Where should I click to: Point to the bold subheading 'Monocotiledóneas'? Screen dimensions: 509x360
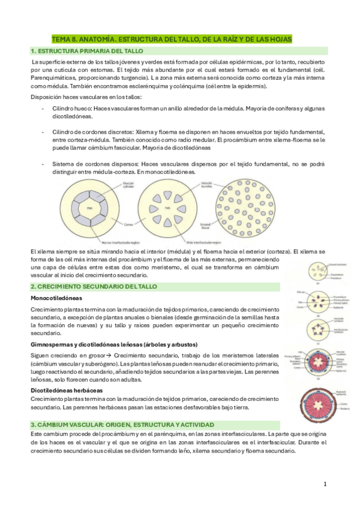tap(56, 298)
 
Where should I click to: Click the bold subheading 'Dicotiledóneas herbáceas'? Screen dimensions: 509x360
tap(67, 390)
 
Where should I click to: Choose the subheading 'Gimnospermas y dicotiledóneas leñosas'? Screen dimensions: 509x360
tap(90, 344)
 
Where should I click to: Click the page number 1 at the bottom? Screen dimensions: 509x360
tap(324, 484)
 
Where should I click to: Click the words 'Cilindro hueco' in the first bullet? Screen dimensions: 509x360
tap(70, 107)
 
